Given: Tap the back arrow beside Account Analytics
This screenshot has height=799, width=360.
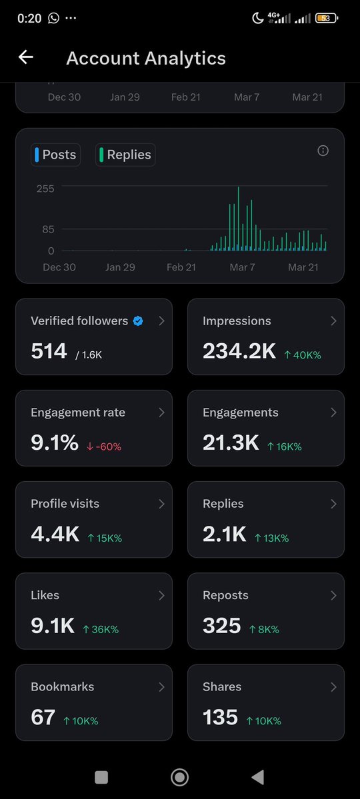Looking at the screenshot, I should pos(25,58).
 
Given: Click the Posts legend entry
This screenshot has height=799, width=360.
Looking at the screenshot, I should pos(55,155).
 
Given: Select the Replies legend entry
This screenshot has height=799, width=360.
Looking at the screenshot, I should pos(125,155).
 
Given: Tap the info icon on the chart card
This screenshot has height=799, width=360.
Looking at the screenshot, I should pos(323,151).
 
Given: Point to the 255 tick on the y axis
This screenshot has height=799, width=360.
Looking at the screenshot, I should pos(45,189).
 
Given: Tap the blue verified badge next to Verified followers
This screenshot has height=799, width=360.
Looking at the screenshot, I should pos(138,321).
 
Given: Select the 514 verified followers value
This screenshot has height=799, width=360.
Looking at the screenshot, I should pos(49,351).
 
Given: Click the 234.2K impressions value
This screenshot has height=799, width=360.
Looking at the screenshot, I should pos(239,351).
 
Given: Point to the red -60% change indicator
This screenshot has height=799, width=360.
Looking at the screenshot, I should pos(104,446).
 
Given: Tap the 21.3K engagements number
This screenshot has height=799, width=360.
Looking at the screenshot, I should pos(231,442).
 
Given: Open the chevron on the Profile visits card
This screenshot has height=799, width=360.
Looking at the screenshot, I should pos(161,504).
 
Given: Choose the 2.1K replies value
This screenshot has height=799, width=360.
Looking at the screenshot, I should pos(224,534).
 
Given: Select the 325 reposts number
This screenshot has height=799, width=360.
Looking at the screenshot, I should pos(221,626).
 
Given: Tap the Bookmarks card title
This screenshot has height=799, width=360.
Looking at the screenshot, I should pos(62,686).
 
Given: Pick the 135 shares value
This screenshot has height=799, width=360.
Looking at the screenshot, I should pos(220,717).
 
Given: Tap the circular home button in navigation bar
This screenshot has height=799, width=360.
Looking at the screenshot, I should pos(179,777).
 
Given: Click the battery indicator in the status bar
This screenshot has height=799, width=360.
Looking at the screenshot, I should pos(326,19).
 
